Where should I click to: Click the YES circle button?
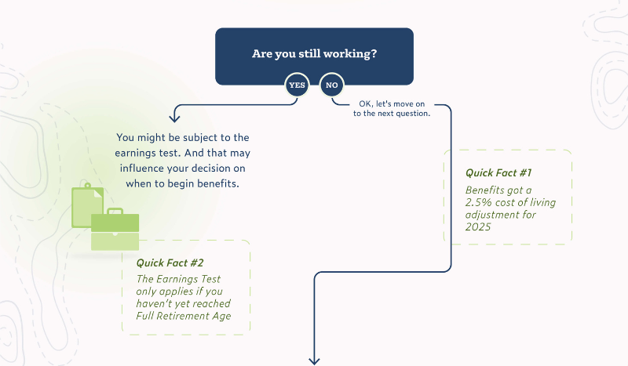click(297, 85)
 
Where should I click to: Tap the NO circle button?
click(331, 85)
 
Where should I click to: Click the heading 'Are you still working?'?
click(314, 54)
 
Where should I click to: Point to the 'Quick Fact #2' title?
click(170, 263)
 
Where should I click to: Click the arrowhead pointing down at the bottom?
click(315, 360)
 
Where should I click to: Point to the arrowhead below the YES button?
click(174, 118)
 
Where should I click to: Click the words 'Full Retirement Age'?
click(184, 316)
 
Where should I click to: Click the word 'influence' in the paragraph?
click(144, 168)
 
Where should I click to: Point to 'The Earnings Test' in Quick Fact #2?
click(178, 279)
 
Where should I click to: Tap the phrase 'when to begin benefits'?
click(182, 183)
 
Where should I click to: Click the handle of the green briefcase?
click(115, 212)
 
